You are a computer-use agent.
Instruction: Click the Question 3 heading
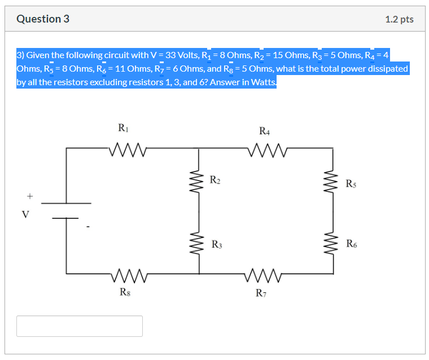click(43, 19)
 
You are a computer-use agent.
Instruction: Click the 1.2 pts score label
click(399, 19)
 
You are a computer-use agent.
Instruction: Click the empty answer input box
click(80, 326)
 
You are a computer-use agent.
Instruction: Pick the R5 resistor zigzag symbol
click(333, 182)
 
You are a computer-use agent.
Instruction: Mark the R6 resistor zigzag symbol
click(333, 244)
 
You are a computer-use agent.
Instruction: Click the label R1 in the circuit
click(122, 128)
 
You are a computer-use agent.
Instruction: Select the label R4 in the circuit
click(264, 131)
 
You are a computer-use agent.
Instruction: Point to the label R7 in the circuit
click(260, 292)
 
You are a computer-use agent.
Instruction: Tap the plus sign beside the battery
click(30, 196)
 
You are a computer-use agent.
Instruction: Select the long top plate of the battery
click(67, 203)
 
